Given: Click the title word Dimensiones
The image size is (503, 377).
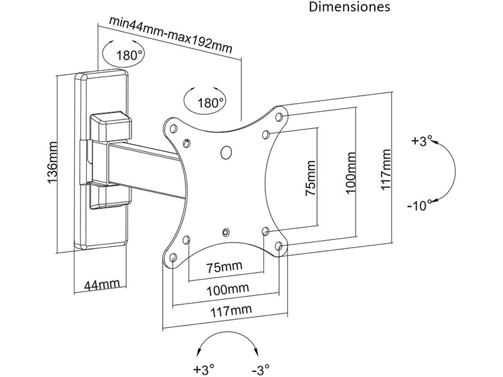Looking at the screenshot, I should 350,8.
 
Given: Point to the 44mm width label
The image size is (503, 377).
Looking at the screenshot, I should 101,285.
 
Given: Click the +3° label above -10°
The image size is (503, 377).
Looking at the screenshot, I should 419,142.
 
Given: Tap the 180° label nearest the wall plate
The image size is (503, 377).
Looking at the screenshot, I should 130,55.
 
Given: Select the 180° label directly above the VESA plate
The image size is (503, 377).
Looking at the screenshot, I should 211,102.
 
